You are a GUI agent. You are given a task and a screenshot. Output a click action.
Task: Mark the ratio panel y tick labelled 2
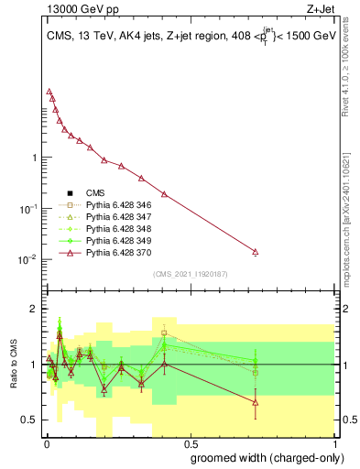tap(34, 309)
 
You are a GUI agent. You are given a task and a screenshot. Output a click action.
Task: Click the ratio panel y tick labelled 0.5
tap(30, 420)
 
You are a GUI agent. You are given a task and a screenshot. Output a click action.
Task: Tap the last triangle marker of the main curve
tap(256, 252)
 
